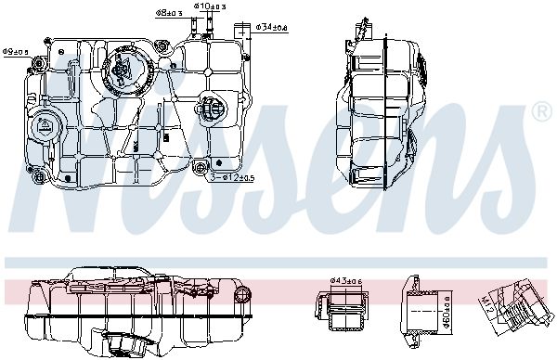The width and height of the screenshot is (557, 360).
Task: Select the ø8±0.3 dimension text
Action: [170, 14]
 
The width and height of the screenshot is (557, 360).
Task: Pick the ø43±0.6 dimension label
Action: [345, 280]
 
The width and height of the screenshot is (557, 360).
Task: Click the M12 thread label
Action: [489, 303]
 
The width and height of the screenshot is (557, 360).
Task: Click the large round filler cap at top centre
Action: [123, 71]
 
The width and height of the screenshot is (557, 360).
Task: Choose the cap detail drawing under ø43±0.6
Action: [343, 308]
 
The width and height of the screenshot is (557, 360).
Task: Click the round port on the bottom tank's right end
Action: [243, 296]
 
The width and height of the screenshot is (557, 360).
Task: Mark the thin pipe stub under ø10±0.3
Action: [206, 28]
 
